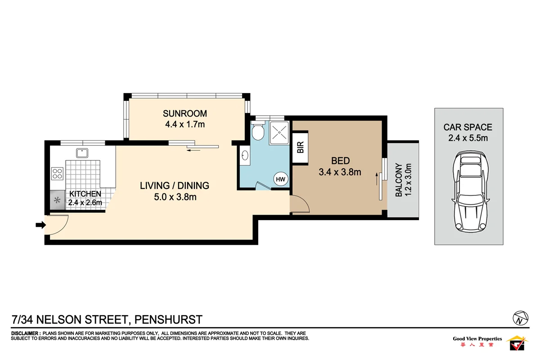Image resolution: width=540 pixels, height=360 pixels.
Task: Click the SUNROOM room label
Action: [x=184, y=113]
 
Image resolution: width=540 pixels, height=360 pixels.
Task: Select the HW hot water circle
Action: [x=281, y=179]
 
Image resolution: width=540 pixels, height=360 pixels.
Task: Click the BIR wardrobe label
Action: [x=300, y=148]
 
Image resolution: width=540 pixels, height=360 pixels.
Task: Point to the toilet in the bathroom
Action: [x=258, y=131]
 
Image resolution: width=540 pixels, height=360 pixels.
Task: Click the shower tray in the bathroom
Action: [x=280, y=132]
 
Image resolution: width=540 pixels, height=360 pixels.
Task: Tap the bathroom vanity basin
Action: [x=245, y=156]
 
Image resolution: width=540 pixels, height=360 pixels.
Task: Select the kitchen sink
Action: [x=82, y=153]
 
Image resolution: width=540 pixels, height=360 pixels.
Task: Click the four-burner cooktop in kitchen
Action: [x=58, y=173]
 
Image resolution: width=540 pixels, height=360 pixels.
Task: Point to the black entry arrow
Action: [x=40, y=225]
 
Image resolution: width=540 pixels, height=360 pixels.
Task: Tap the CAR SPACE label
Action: [x=468, y=127]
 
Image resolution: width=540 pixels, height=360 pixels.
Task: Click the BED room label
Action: [x=340, y=161]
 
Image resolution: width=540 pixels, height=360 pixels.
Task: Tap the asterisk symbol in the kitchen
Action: [x=57, y=200]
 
